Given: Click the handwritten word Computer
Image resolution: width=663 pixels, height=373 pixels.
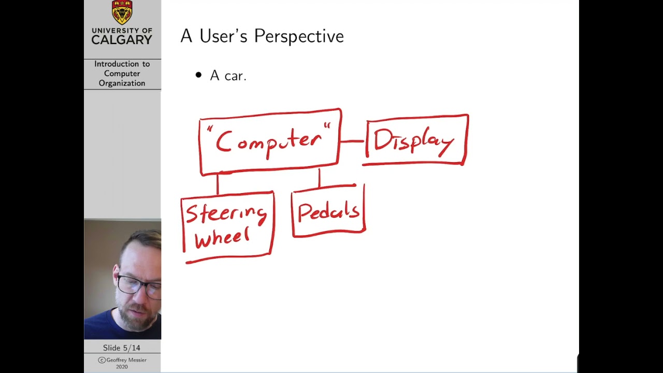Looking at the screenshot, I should [269, 141].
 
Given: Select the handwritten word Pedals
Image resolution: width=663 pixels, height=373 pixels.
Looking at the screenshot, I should [328, 212].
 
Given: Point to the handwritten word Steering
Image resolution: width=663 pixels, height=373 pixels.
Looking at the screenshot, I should [226, 213].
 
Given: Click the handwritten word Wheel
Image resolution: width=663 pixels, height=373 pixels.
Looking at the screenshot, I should [222, 238].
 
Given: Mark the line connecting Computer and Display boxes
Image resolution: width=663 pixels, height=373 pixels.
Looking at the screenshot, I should [353, 141].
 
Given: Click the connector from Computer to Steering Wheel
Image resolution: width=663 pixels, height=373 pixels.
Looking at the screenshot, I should [218, 183].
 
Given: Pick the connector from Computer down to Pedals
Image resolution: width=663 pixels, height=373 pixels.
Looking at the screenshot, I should [319, 178].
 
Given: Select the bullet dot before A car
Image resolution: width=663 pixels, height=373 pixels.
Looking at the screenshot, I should [198, 76].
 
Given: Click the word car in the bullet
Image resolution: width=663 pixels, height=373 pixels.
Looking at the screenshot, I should [235, 76].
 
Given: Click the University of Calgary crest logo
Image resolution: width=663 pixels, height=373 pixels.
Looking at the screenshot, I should [122, 12].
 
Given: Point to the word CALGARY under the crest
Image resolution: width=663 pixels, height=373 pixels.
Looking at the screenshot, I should [122, 40].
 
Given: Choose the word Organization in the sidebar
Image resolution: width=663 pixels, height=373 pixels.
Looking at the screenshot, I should [122, 83].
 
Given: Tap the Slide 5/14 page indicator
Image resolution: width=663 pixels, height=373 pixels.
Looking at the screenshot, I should [122, 348].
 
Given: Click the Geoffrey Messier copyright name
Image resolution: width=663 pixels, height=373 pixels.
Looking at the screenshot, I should [126, 360].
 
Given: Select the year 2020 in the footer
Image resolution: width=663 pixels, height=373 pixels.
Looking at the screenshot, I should [122, 367].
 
